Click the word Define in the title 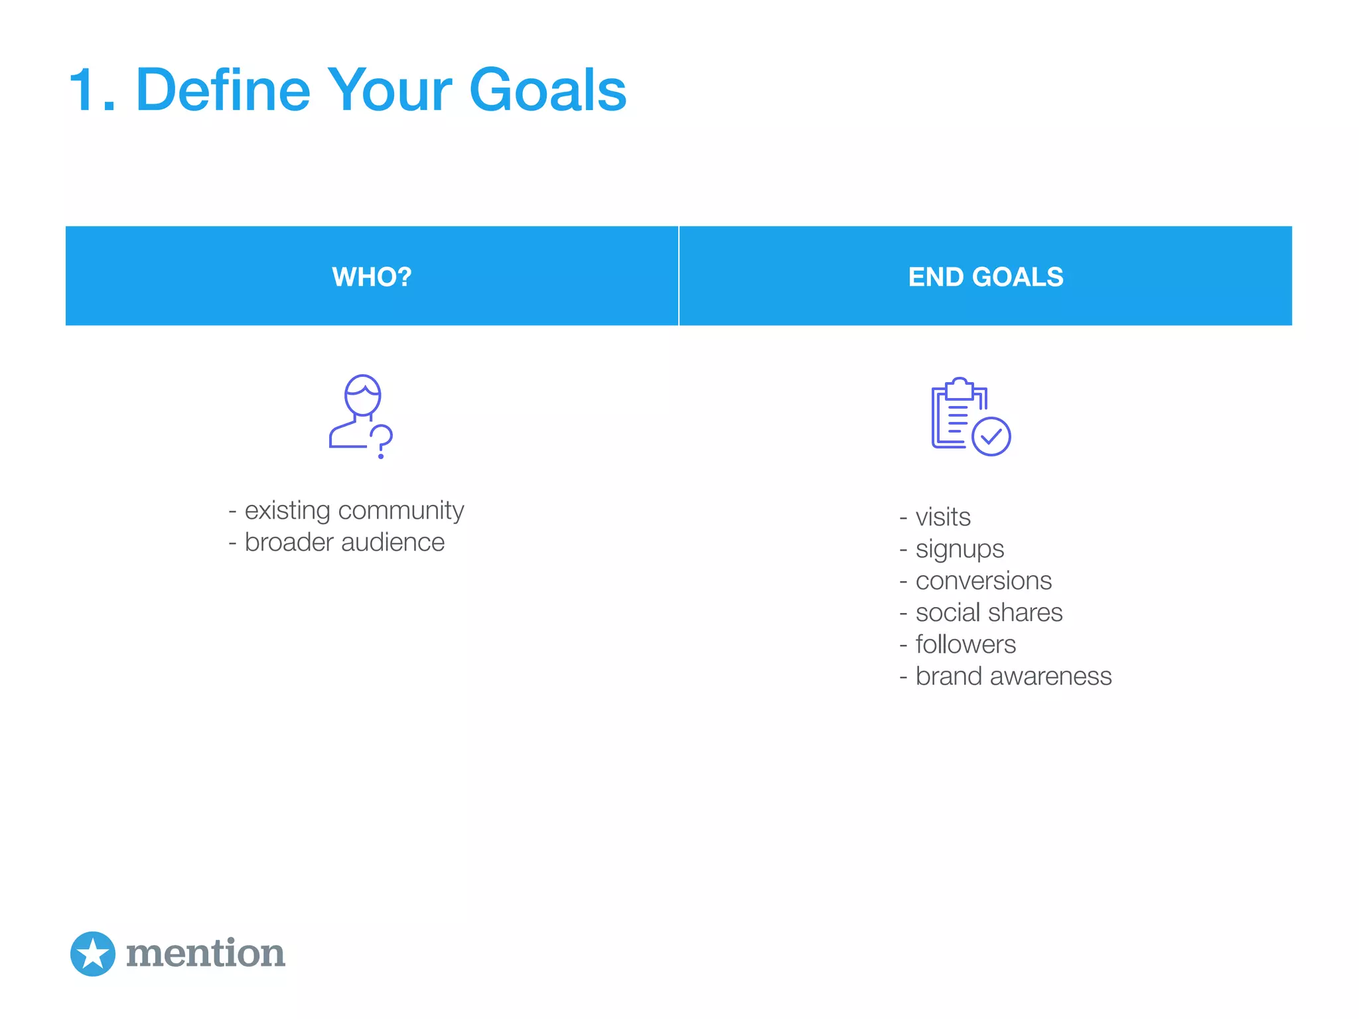click(x=223, y=90)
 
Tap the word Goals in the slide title click(x=547, y=90)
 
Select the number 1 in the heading click(x=85, y=90)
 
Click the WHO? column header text click(x=372, y=277)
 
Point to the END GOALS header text click(x=985, y=277)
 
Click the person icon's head click(x=362, y=395)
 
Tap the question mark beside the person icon click(x=382, y=441)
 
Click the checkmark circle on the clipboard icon click(x=991, y=436)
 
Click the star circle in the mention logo click(x=93, y=953)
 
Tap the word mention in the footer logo click(x=206, y=953)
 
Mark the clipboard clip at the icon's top click(x=959, y=388)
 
